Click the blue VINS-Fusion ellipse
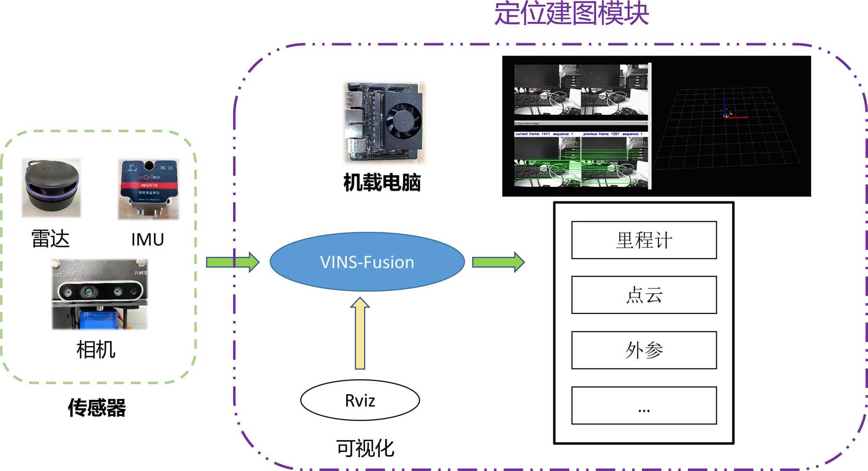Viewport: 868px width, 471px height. [x=367, y=262]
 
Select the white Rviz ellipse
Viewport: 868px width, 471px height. [x=360, y=400]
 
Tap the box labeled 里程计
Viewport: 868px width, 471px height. [x=644, y=240]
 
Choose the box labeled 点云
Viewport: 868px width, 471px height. [x=644, y=295]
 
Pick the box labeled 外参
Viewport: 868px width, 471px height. [x=644, y=350]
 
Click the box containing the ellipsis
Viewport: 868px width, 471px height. [x=644, y=405]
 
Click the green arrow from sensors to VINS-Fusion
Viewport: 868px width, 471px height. [x=233, y=262]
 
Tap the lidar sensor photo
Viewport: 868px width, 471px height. [x=51, y=188]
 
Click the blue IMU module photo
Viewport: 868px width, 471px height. [x=148, y=189]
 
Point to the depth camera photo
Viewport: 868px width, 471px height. [x=99, y=294]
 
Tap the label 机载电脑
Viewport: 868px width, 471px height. [x=382, y=183]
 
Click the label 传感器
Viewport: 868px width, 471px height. [x=97, y=408]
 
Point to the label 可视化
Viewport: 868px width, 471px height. [x=365, y=448]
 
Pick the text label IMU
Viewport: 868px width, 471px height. [x=148, y=239]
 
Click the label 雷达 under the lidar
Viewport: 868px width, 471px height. [x=50, y=239]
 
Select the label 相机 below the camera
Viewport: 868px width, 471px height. [x=96, y=350]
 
